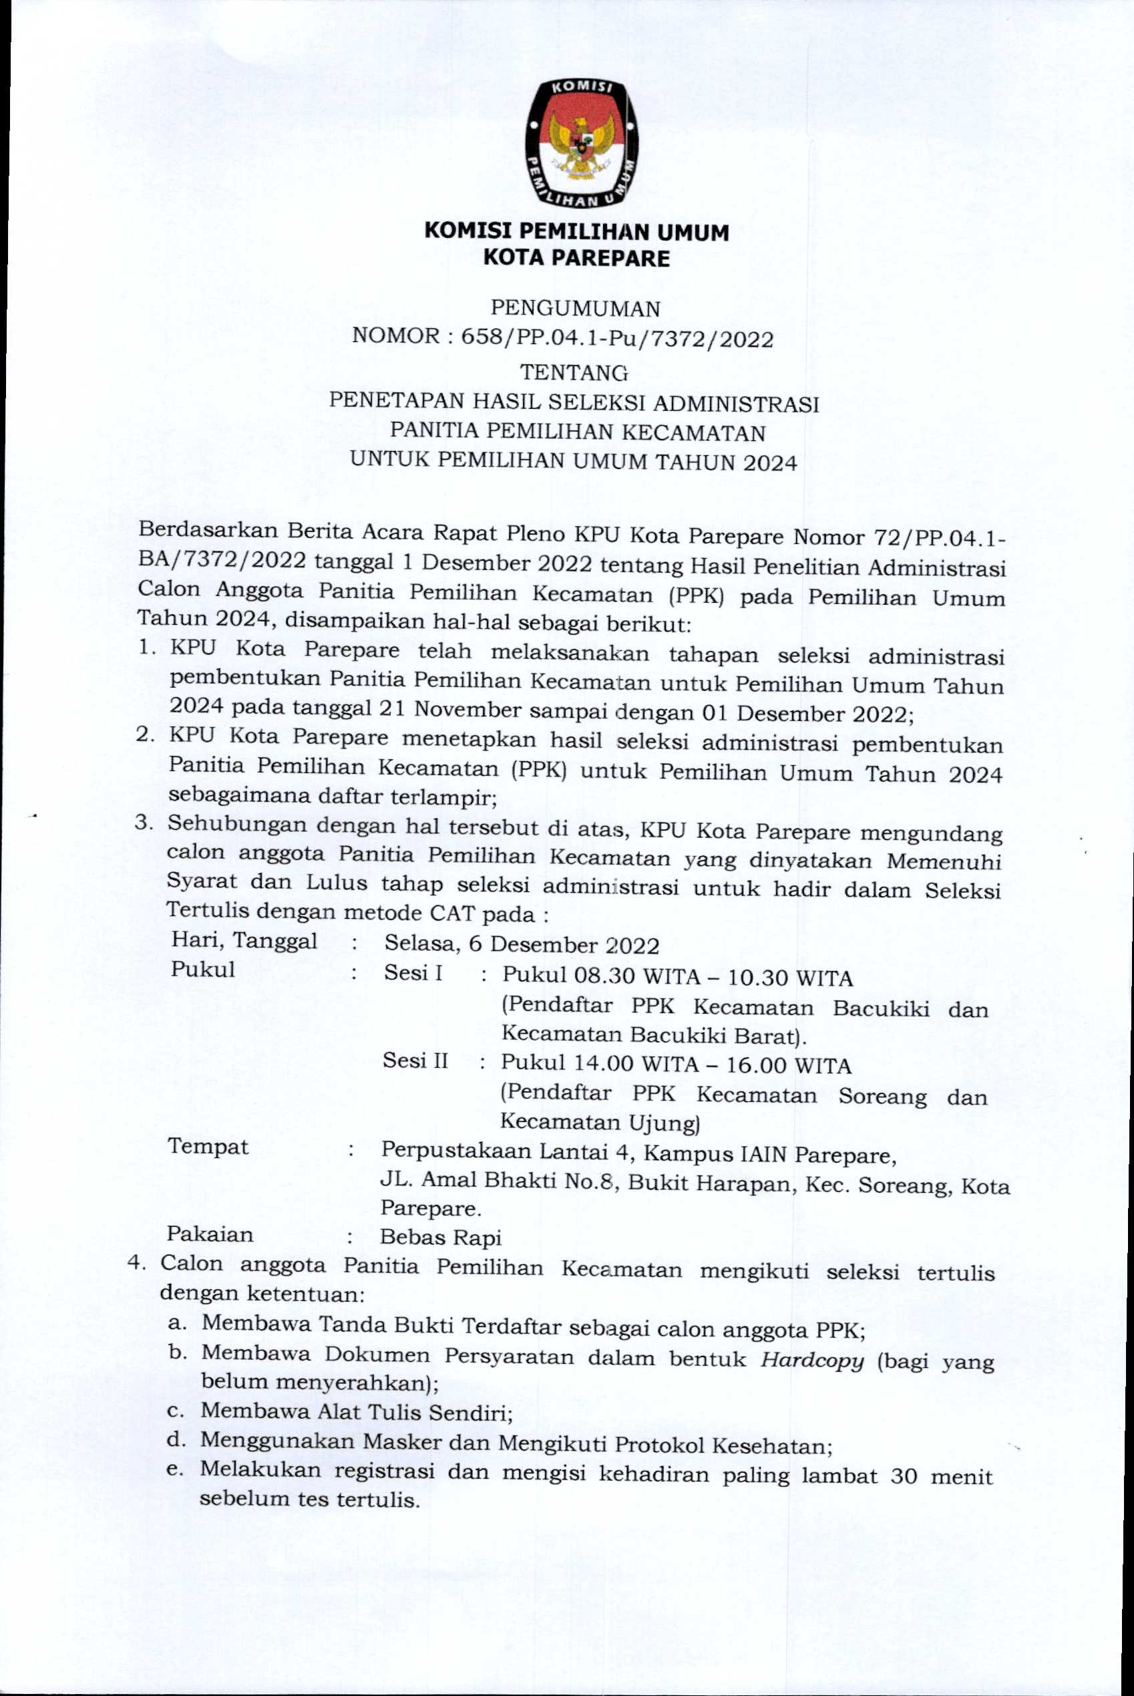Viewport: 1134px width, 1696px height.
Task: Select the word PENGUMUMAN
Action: tap(576, 308)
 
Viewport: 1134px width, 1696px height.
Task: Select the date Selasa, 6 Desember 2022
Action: tap(522, 945)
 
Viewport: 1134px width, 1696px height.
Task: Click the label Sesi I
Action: tap(413, 973)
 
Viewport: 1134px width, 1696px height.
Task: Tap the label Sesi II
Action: tap(415, 1061)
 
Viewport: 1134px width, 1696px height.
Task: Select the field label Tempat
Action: tap(208, 1147)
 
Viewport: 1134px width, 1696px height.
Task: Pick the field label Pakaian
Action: tap(210, 1234)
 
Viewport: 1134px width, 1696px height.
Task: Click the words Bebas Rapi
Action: tap(440, 1238)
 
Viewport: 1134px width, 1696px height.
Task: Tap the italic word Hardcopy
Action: tap(812, 1361)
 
